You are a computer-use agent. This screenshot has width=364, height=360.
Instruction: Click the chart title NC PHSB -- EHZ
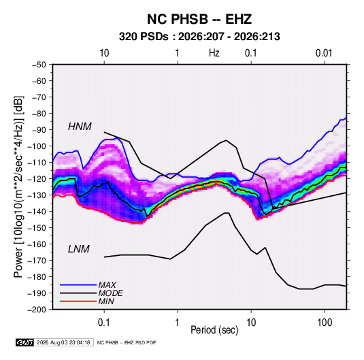click(199, 19)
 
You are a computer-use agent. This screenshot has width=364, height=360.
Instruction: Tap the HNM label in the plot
click(80, 127)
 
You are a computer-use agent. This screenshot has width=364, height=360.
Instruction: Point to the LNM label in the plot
click(79, 249)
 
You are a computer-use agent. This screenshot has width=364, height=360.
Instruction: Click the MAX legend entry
click(107, 284)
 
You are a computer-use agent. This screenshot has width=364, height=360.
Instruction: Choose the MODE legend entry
click(110, 293)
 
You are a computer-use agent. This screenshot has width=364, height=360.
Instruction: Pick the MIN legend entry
click(106, 301)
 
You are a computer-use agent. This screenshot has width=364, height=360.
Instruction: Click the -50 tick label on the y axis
click(39, 65)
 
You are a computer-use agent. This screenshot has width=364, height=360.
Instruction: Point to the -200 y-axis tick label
click(37, 310)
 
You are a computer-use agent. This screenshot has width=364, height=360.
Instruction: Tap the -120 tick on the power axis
click(37, 178)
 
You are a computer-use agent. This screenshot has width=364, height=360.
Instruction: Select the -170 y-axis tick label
click(37, 261)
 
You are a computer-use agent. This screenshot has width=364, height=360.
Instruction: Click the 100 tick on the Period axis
click(325, 323)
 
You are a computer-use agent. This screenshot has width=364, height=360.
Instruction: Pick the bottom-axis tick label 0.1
click(104, 323)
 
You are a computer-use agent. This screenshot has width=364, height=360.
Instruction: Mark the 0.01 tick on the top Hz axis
click(324, 53)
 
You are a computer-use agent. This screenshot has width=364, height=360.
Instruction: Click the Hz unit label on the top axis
click(214, 53)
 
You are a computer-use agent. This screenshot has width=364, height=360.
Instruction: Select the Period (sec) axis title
click(214, 330)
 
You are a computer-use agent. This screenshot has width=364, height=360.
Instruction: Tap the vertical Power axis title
click(18, 187)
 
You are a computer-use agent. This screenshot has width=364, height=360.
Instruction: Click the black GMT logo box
click(24, 342)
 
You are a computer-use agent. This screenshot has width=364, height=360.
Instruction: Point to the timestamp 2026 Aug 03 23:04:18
click(63, 342)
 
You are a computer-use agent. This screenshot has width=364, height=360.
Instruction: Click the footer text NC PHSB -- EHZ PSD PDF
click(127, 342)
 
